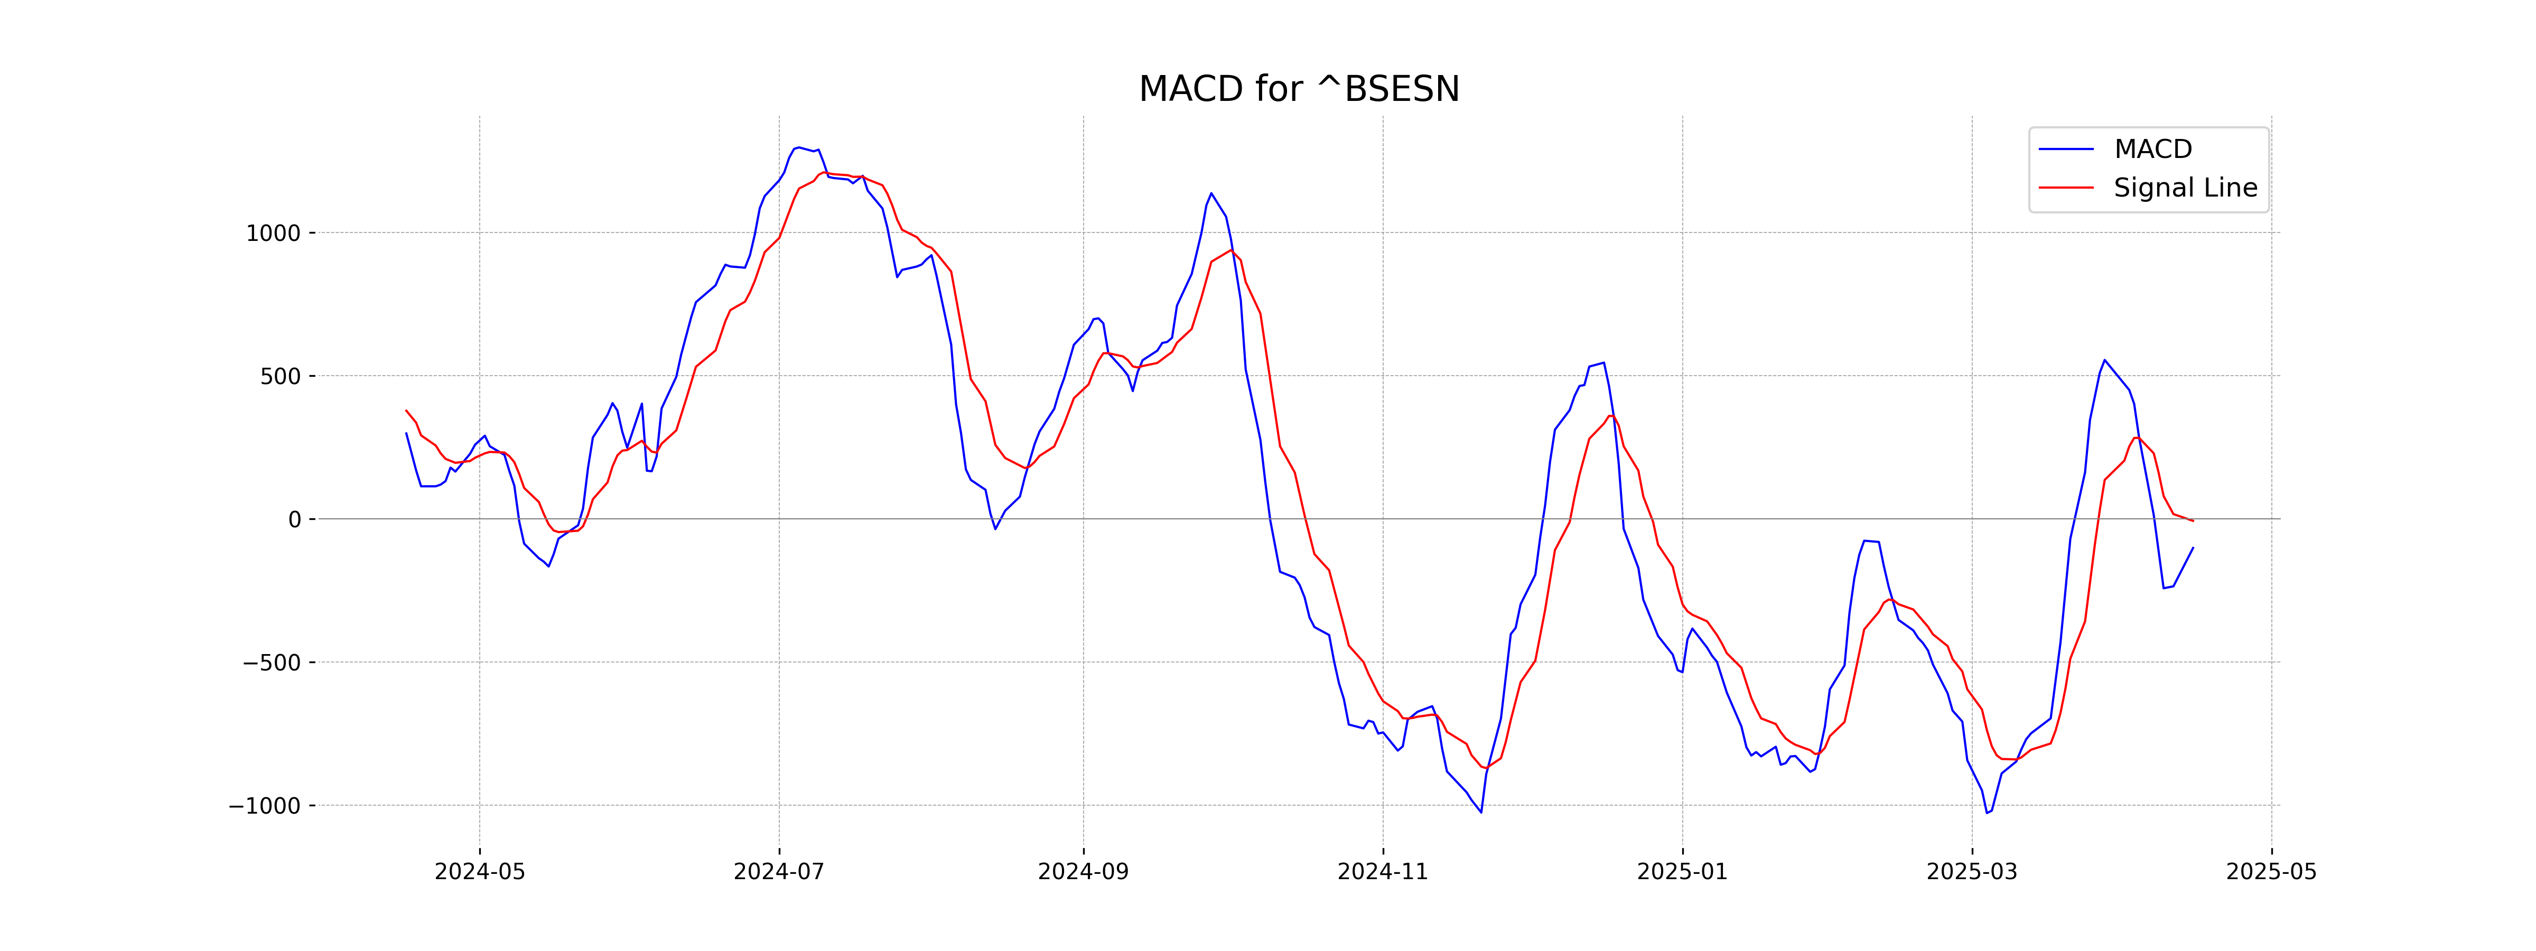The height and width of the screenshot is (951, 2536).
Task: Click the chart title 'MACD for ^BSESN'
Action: click(x=1299, y=90)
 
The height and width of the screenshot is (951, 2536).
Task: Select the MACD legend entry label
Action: click(x=2153, y=150)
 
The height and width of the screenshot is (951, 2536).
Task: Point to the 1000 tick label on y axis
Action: click(x=273, y=234)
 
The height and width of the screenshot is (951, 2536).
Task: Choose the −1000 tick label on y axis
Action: click(x=265, y=806)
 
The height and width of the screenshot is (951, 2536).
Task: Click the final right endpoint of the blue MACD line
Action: click(x=2193, y=547)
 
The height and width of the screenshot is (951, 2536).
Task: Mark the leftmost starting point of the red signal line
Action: click(x=406, y=411)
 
